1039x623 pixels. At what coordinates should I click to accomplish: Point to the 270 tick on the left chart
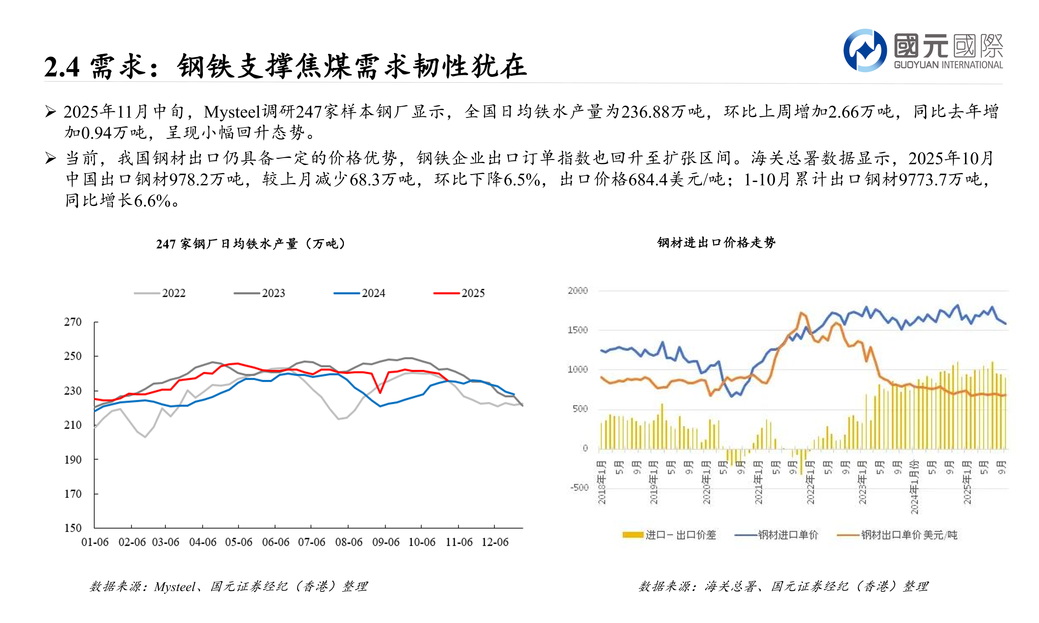tap(73, 322)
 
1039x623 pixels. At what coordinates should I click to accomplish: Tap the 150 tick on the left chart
tap(73, 528)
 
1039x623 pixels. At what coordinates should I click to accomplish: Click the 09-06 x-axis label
tap(386, 542)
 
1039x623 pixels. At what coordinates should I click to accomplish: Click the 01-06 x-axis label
tap(95, 542)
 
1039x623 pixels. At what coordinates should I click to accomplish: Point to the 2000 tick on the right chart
tap(577, 291)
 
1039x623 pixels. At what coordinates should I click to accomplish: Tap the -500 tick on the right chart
tap(579, 487)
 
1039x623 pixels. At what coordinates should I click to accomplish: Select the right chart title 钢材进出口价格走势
tap(716, 242)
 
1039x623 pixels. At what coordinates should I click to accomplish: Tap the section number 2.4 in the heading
tap(62, 67)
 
